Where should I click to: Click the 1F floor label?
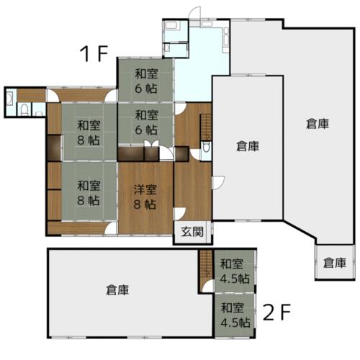point(94,53)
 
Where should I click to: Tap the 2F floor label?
point(276,312)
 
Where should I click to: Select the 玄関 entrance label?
point(192,232)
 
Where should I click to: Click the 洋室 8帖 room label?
point(145,197)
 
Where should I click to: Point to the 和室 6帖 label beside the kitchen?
point(146,81)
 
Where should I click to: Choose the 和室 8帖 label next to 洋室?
point(89,193)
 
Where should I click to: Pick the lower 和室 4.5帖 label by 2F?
point(235,315)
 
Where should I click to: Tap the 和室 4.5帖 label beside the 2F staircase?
point(235,271)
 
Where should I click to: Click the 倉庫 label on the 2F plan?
point(117,290)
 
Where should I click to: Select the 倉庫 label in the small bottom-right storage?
point(335,263)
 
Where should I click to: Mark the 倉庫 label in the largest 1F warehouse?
point(318,124)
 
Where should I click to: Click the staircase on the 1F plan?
point(206,127)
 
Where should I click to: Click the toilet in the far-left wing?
point(24,109)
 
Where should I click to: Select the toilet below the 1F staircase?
point(206,147)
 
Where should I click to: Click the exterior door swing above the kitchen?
point(195,12)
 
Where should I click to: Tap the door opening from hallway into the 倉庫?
point(218,183)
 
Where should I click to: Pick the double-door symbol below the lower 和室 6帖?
point(151,143)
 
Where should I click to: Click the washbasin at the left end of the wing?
point(10,99)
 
